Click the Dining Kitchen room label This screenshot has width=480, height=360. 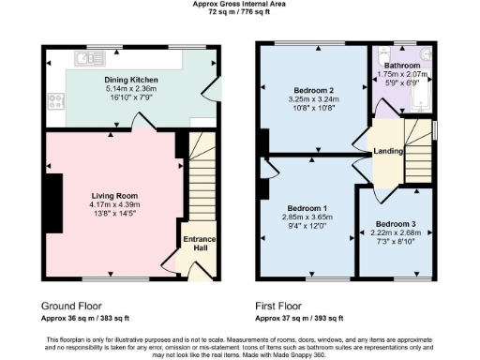tap(130, 81)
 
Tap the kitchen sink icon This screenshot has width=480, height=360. tap(89, 59)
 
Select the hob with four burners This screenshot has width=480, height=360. tap(55, 97)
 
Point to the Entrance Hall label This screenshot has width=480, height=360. tap(199, 246)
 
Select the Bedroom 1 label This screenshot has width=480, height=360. tap(307, 207)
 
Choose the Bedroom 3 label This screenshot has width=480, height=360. tap(395, 225)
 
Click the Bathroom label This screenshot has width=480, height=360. tap(403, 66)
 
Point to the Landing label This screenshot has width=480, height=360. tap(389, 151)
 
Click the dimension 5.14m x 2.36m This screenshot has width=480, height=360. tap(130, 89)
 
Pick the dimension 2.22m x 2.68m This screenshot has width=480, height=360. tap(395, 233)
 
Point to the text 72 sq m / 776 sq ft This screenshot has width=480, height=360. tap(239, 13)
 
